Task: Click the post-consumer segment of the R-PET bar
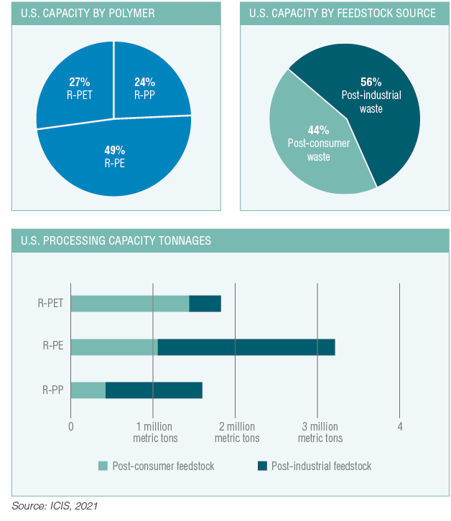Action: pos(129,303)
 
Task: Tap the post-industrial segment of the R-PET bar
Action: pos(205,303)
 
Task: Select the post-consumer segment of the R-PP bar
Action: pos(88,390)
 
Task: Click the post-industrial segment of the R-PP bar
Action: pos(154,390)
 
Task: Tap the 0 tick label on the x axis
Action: pos(70,426)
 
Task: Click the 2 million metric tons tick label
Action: pos(236,432)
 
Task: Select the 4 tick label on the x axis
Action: pos(400,426)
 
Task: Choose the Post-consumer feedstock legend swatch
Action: pos(103,466)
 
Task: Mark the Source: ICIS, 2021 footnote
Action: pos(54,506)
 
